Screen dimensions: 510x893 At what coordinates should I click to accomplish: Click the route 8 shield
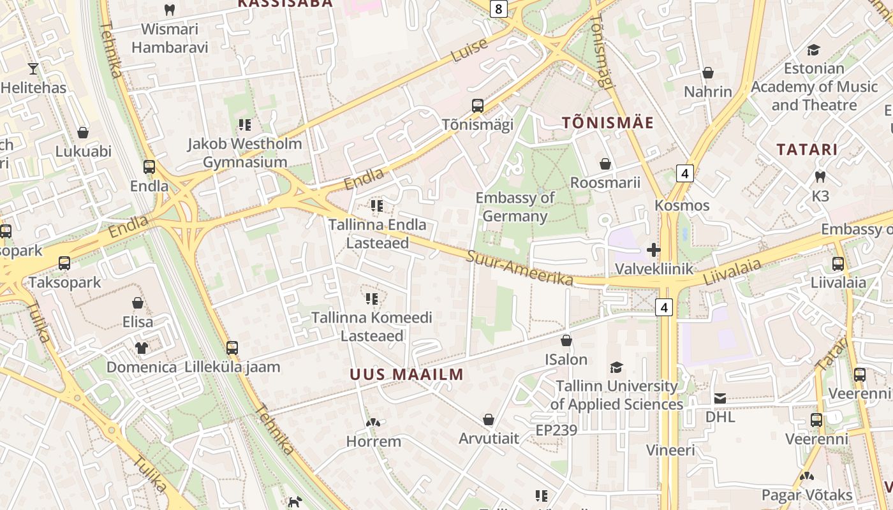click(x=499, y=8)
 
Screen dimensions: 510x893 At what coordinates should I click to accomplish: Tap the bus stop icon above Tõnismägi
click(x=477, y=106)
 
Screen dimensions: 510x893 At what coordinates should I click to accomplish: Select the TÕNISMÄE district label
click(x=608, y=123)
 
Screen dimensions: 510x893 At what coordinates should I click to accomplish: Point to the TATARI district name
click(x=807, y=150)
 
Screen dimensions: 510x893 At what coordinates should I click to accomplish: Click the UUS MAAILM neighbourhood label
click(x=406, y=374)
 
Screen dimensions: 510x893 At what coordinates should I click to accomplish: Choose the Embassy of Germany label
click(x=515, y=207)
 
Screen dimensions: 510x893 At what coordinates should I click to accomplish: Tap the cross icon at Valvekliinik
click(x=653, y=250)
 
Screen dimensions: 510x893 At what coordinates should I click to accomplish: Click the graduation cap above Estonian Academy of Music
click(x=813, y=50)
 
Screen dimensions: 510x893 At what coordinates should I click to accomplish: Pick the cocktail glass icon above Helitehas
click(x=33, y=69)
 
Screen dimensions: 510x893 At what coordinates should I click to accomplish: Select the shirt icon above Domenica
click(x=141, y=348)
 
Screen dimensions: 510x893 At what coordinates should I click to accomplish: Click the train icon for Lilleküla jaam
click(x=232, y=348)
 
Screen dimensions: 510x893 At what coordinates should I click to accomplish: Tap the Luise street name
click(x=469, y=50)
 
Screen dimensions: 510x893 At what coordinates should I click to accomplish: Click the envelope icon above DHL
click(x=720, y=398)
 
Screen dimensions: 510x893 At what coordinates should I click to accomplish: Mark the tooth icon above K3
click(x=820, y=177)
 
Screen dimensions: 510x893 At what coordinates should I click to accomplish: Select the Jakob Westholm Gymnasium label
click(x=245, y=153)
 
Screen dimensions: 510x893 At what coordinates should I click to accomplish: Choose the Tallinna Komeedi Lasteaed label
click(x=372, y=326)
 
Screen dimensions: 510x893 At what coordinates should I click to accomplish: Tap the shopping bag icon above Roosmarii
click(x=605, y=164)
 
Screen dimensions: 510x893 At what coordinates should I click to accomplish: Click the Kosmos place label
click(x=682, y=205)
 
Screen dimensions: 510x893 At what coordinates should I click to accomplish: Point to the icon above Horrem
click(x=373, y=422)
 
